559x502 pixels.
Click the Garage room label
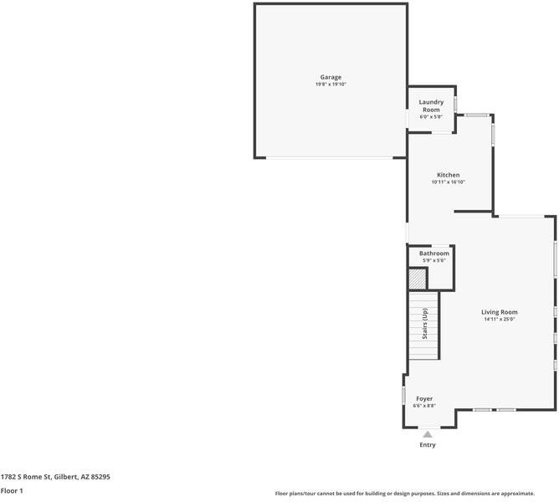331,77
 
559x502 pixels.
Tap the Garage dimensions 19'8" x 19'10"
331,85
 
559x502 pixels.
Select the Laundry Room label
431,105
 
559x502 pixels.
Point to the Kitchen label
449,175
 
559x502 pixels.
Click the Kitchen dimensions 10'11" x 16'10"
449,182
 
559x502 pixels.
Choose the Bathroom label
433,254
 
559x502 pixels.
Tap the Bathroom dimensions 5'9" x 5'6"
433,260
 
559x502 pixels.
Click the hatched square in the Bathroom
418,279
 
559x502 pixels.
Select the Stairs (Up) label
424,324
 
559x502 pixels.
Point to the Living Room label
499,312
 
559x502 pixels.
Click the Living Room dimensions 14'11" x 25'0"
499,319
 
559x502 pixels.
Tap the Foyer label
424,398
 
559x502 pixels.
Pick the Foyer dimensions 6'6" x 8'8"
424,406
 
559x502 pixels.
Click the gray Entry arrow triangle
428,434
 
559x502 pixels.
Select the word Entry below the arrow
428,444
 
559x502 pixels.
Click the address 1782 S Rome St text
55,477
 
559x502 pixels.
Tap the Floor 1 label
12,490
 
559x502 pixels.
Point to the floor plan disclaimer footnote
405,494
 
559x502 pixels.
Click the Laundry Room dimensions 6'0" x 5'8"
431,116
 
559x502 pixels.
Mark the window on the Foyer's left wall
404,396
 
